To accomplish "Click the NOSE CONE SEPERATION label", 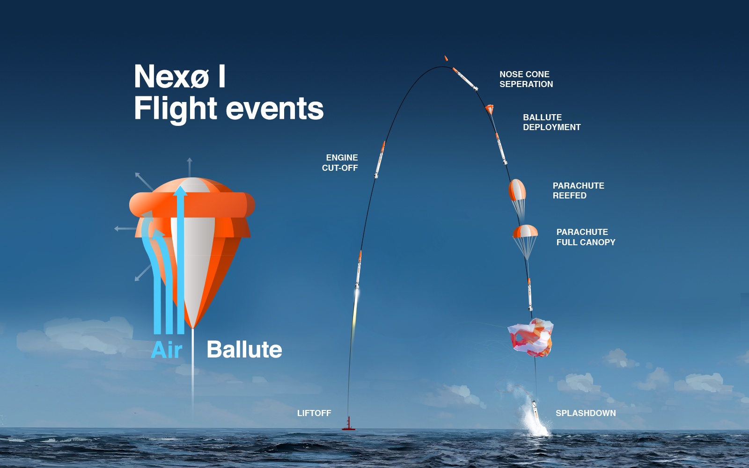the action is [x=526, y=79].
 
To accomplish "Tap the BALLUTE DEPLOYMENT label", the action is [x=552, y=122].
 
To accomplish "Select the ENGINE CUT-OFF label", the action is [x=340, y=163].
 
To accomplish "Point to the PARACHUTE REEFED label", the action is [x=579, y=190].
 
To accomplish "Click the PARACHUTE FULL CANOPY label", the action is [x=586, y=237].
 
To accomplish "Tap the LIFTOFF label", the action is [x=314, y=413].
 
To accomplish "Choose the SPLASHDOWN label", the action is [x=586, y=413].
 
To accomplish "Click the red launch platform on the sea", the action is [x=348, y=424].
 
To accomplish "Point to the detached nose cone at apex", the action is [x=446, y=58].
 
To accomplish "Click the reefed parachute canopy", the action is [x=517, y=190].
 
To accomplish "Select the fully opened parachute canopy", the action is [x=525, y=231].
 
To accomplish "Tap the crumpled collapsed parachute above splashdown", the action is [x=531, y=337].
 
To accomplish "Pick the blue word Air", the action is [x=166, y=350].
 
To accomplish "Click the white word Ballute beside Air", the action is [x=244, y=349].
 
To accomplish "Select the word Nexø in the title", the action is [x=171, y=77].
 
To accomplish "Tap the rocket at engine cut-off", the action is [x=380, y=160].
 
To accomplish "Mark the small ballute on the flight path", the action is [x=490, y=110].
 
